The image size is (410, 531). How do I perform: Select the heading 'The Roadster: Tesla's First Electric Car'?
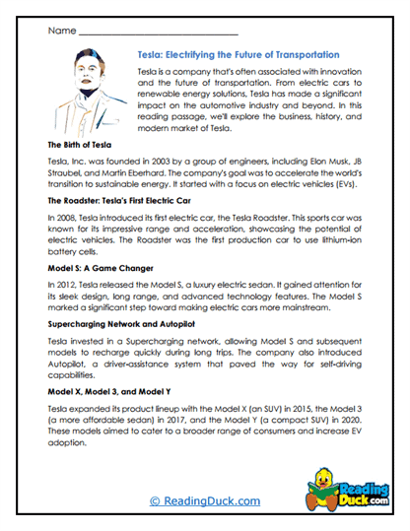click(x=131, y=198)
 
